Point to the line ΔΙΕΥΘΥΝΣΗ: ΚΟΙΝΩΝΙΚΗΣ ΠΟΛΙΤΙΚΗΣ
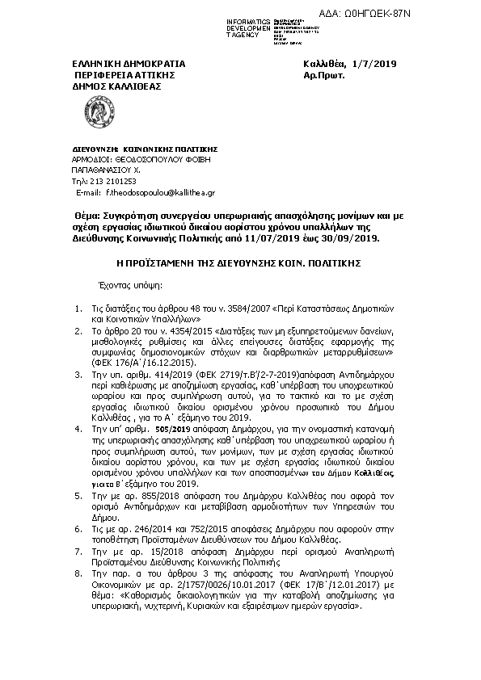[140, 149]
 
